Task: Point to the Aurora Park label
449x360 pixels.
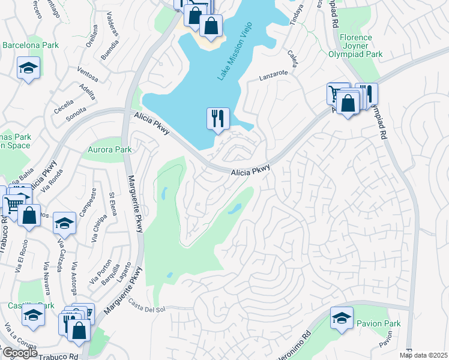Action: [x=109, y=149]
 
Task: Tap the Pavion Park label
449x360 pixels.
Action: [x=378, y=324]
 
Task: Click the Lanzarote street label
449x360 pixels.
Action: [x=274, y=76]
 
